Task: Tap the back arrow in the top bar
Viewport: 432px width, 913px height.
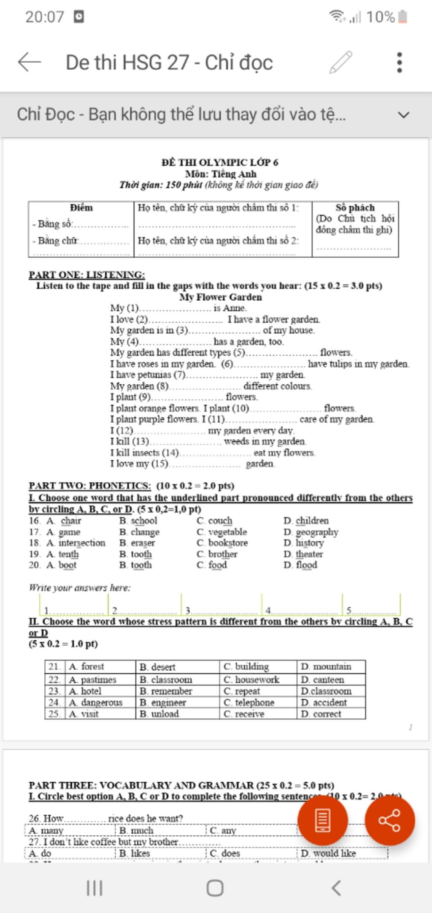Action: click(30, 62)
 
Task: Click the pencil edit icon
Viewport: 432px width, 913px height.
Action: click(341, 62)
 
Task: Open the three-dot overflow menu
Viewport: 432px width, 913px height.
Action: click(400, 62)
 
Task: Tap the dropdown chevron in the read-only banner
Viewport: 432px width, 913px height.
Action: click(404, 115)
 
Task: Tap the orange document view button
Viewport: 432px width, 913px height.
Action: click(322, 820)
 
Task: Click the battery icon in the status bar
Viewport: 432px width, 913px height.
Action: click(403, 17)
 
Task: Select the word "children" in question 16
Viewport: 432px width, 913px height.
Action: click(312, 521)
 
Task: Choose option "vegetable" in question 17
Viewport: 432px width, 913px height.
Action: click(227, 532)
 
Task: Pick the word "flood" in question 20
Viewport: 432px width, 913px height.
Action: click(306, 565)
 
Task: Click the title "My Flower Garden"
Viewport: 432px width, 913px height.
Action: click(221, 297)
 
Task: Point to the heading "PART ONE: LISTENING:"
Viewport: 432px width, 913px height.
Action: click(86, 275)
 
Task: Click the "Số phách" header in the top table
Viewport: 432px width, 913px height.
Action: click(355, 208)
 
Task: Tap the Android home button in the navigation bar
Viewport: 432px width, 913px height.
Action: click(215, 888)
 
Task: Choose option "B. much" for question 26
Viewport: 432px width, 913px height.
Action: click(136, 831)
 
